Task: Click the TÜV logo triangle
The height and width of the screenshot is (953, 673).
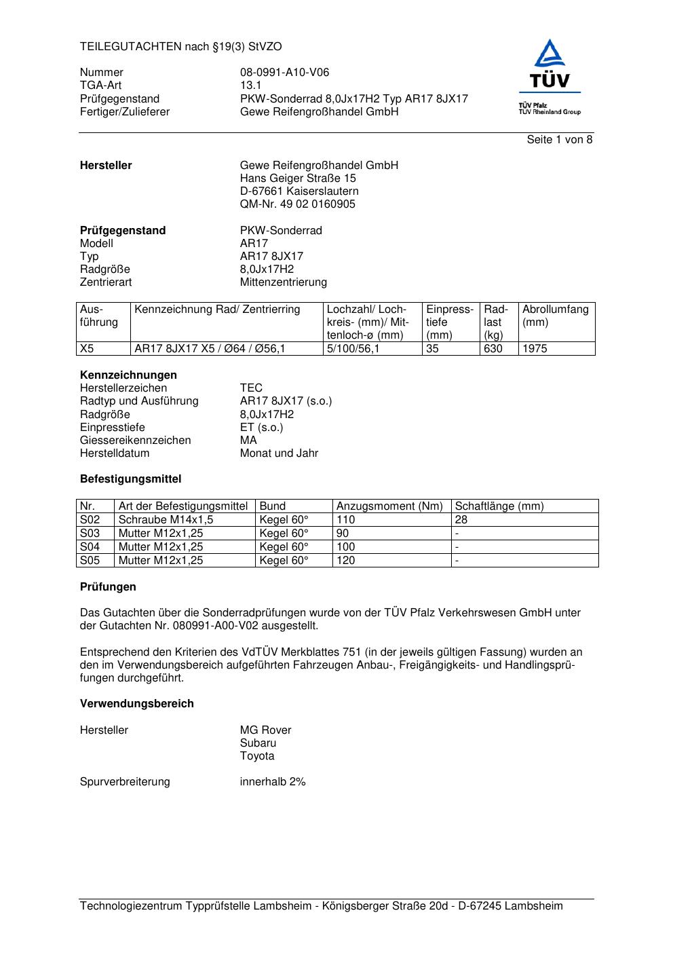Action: pos(550,54)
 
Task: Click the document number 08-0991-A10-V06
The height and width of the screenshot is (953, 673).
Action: pos(284,73)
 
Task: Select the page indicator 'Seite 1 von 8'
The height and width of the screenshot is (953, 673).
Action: pos(560,140)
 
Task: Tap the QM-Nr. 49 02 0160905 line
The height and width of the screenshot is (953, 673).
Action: pos(297,204)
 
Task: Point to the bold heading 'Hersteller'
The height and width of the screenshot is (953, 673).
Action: pos(106,166)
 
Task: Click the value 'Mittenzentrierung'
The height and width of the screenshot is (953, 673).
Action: pos(283,282)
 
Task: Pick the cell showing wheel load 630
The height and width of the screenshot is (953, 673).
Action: pos(493,349)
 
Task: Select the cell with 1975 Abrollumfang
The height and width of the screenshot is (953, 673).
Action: pos(535,349)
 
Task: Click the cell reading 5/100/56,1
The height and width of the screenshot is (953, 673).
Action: pos(353,349)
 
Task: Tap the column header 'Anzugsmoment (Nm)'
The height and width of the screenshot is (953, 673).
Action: pos(389,506)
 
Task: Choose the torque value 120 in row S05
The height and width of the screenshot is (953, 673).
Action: pos(346,561)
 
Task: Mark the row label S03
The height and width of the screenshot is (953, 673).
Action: pos(90,534)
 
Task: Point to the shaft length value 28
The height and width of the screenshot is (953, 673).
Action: pos(461,520)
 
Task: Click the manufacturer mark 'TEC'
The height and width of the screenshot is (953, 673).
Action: pos(251,388)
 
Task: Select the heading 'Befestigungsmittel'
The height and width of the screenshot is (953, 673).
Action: pos(130,479)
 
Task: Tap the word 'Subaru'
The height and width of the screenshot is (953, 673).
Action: pos(258,743)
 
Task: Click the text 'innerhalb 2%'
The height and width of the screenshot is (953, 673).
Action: pos(273,782)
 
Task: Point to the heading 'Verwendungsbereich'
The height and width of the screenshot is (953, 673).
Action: pos(136,704)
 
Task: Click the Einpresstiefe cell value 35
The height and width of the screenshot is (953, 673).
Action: pos(433,349)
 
